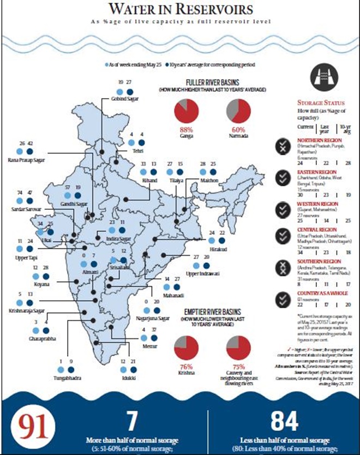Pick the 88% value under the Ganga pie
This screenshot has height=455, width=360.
click(187, 130)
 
